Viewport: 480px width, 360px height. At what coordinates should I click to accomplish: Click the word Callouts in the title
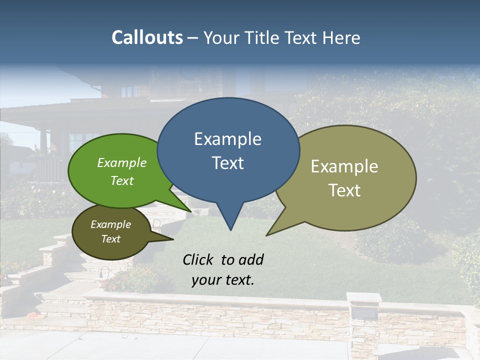(147, 37)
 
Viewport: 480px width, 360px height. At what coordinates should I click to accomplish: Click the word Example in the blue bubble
(227, 138)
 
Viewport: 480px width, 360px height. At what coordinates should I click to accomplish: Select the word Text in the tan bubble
(344, 190)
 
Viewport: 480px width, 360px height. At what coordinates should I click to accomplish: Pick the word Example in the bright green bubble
(121, 162)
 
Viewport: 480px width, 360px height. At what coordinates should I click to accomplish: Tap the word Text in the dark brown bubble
(111, 239)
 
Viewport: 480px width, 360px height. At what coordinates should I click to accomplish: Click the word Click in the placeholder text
(198, 259)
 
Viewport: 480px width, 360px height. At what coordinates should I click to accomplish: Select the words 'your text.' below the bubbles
(223, 279)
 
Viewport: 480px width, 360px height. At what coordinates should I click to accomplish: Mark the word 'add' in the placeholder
(251, 259)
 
